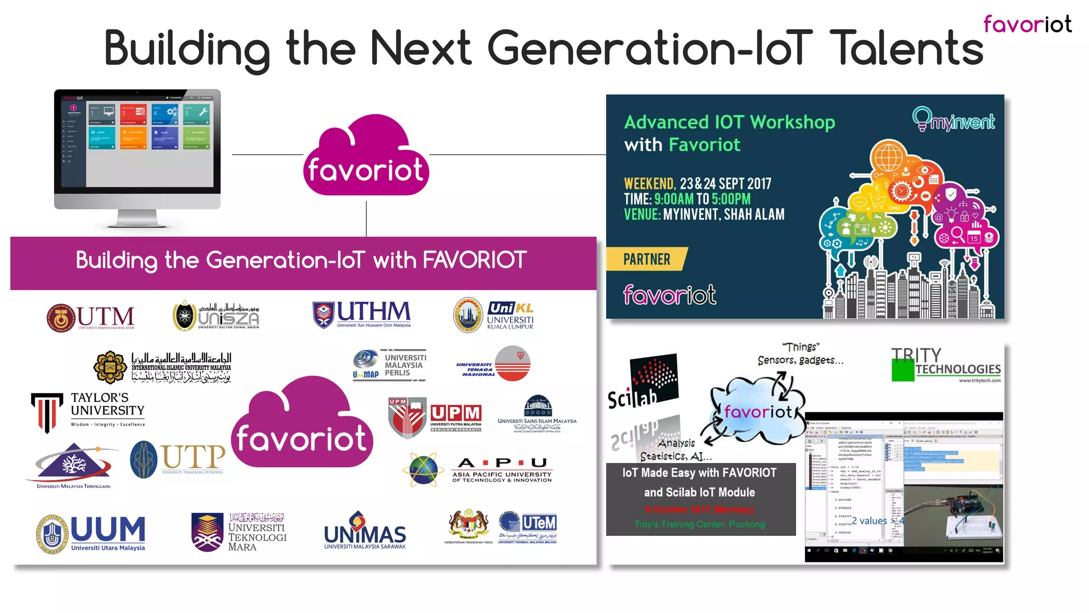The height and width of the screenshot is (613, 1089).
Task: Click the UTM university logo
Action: tap(90, 318)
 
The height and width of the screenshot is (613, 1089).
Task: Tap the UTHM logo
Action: tap(362, 314)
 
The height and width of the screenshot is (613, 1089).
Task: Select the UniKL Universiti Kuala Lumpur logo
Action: tap(493, 315)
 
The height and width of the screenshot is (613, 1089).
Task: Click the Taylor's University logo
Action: tap(88, 411)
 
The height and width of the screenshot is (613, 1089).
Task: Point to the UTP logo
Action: tap(178, 459)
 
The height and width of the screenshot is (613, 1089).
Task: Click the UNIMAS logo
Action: tap(365, 531)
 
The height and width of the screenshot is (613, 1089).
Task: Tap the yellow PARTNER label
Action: tap(647, 259)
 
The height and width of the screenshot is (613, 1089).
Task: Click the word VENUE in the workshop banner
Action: tap(642, 215)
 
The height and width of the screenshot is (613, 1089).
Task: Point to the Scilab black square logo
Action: tap(654, 378)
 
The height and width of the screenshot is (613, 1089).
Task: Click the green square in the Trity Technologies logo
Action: tap(902, 371)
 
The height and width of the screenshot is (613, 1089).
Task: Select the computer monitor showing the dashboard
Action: tap(137, 157)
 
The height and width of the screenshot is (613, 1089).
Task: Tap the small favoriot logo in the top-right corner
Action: tap(1027, 24)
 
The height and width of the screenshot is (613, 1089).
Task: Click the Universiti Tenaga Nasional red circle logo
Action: tap(513, 363)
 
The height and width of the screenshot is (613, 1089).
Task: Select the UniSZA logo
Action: tap(216, 316)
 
